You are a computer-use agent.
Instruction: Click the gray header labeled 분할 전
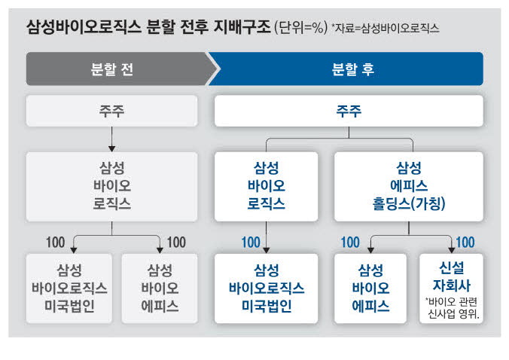(120, 69)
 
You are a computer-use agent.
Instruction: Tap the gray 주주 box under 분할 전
(111, 111)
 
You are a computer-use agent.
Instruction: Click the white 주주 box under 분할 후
(349, 111)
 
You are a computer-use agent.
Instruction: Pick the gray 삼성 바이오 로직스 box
(111, 187)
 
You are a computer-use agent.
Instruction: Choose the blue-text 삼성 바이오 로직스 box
(267, 187)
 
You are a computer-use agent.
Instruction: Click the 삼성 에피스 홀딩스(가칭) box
(409, 187)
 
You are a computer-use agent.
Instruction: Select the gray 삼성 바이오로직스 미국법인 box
(69, 288)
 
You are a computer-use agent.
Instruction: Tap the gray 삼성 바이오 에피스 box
(160, 288)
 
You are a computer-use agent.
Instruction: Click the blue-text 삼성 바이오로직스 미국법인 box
(267, 288)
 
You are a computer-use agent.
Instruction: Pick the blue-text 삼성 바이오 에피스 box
(370, 288)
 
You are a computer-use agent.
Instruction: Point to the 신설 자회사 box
(451, 288)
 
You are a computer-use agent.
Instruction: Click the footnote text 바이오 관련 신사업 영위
(453, 308)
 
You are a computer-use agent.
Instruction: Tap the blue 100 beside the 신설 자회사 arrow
(465, 243)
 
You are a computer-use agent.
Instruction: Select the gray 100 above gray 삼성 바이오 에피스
(176, 243)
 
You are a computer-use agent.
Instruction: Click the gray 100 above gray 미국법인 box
(56, 243)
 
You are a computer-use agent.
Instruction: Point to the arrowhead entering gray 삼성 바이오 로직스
(111, 148)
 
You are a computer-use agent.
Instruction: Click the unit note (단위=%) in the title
(301, 28)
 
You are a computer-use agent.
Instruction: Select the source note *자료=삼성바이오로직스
(386, 28)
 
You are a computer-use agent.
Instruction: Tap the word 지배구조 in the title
(242, 27)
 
